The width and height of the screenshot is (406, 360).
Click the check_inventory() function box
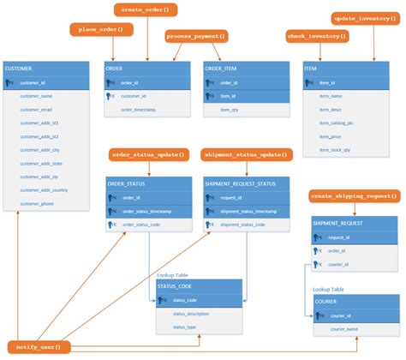coord(316,36)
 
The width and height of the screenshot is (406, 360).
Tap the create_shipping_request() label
coord(354,197)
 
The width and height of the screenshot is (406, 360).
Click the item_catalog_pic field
coord(337,123)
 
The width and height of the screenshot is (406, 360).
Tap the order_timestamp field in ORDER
coord(137,110)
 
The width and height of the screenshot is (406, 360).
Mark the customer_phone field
coord(37,203)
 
